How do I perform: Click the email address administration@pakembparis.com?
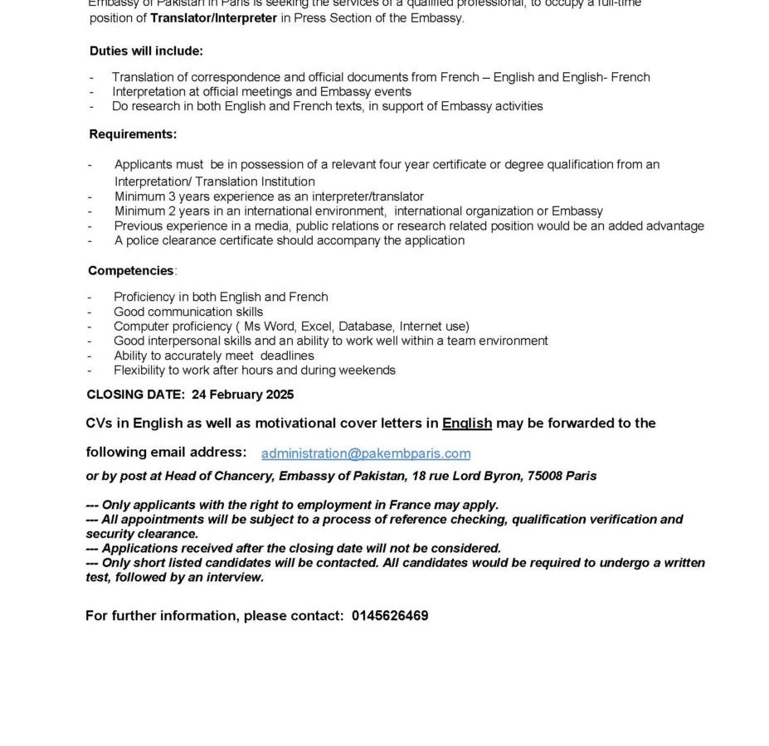[x=366, y=453]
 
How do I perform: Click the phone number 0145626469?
[x=390, y=616]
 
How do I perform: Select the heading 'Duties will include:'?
[x=146, y=51]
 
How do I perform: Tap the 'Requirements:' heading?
[x=133, y=134]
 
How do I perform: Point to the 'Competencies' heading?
[x=131, y=270]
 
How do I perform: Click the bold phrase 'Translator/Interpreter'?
[x=213, y=17]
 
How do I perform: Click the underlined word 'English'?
[x=467, y=423]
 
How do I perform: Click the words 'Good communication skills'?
[x=188, y=312]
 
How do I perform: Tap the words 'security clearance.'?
[x=142, y=534]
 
